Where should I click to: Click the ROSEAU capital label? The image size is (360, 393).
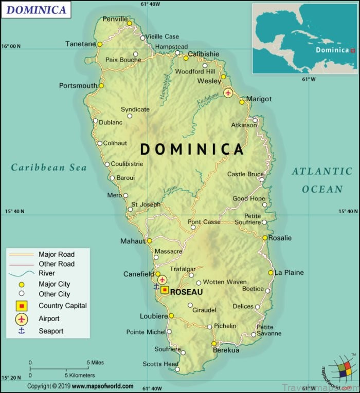pos(186,292)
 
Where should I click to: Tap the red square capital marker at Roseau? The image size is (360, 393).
pos(165,290)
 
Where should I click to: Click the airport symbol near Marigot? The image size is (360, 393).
pos(228,93)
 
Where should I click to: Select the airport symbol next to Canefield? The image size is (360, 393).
pos(163,279)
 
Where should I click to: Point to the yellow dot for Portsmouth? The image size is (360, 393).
pos(101,86)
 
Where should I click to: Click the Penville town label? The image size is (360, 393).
pos(115,19)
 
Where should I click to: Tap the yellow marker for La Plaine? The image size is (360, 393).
pos(271,273)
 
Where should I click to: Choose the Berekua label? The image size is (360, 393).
pos(226,350)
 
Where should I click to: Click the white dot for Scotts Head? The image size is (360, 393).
pos(177,369)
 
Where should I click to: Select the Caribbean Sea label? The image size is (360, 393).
pos(49,167)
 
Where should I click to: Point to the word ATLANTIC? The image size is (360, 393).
pos(322,172)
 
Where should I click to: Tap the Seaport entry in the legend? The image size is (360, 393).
pos(51,331)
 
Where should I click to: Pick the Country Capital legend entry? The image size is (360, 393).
pos(62,306)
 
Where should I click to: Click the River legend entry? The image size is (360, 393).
pos(47,273)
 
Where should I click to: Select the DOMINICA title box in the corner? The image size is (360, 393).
pos(36,10)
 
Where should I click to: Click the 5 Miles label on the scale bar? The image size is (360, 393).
pos(95,362)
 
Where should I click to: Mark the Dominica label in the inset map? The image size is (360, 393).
pos(332,50)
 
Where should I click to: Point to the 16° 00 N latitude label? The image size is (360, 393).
pos(11,46)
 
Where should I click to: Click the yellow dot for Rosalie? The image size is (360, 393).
pos(264,238)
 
